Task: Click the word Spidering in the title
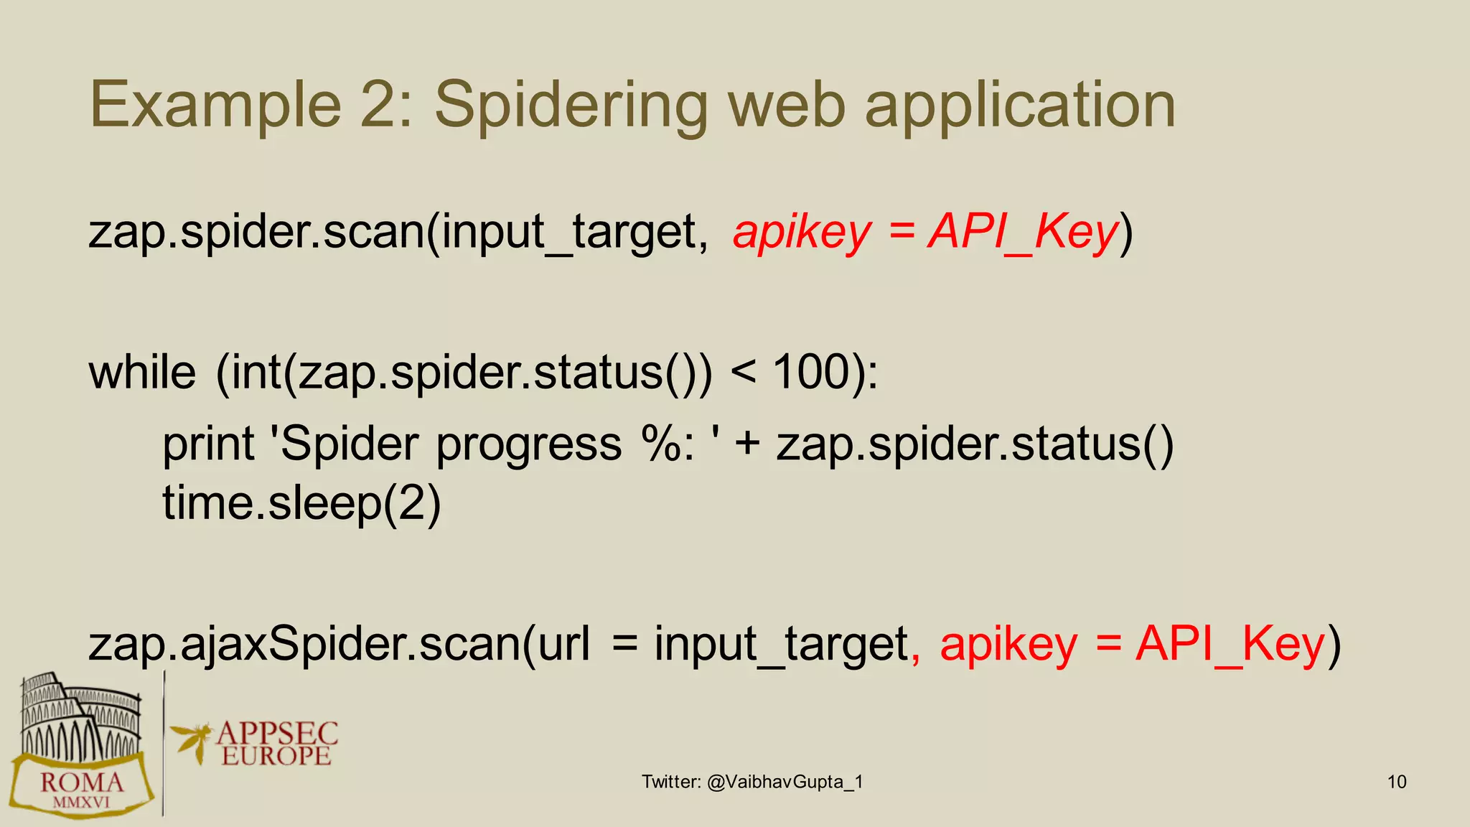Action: tap(571, 106)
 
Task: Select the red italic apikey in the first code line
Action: tap(802, 233)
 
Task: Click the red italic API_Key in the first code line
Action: tap(1024, 233)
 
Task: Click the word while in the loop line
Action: tap(142, 373)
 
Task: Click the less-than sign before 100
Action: tap(743, 373)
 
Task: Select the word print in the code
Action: tap(208, 444)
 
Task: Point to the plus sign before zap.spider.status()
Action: tap(747, 444)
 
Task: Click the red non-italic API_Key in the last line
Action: tap(1230, 644)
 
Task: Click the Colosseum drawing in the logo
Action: tap(79, 718)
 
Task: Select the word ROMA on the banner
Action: tap(82, 782)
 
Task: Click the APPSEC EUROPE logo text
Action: tap(276, 744)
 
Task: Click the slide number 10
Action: tap(1397, 782)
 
